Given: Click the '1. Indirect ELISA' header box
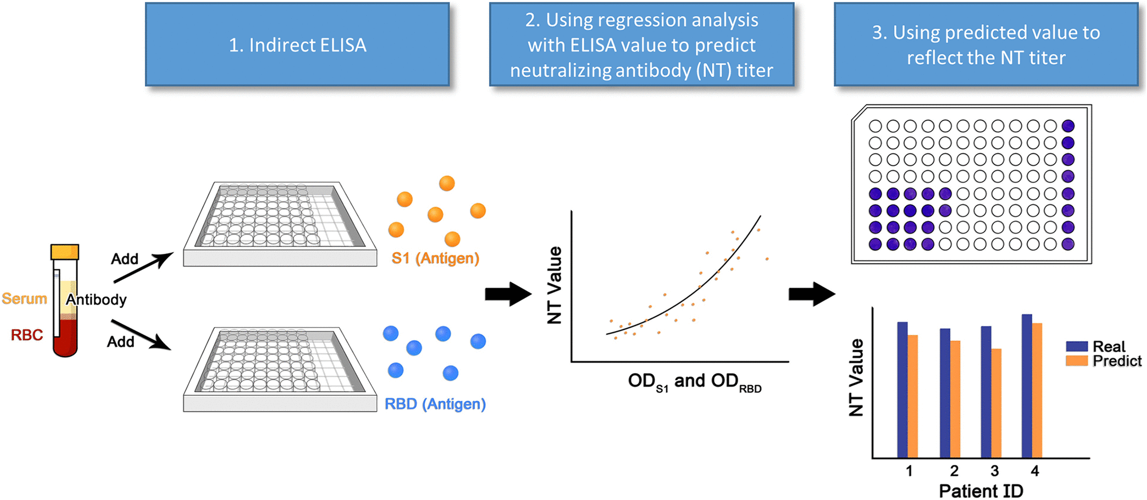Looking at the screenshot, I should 297,44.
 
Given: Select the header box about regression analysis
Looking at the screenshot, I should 641,44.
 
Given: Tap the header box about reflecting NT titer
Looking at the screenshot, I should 986,44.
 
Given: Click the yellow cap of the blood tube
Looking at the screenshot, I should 65,252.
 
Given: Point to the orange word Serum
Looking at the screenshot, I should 24,299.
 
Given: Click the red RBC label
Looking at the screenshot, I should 27,335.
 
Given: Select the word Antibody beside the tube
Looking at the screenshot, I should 97,300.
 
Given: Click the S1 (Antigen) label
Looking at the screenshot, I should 435,258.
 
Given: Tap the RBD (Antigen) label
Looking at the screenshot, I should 435,404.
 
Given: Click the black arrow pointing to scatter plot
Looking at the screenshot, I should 508,294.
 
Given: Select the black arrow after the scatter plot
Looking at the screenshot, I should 812,294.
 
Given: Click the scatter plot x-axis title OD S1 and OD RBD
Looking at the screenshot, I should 694,381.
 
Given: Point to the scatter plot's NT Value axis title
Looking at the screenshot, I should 555,285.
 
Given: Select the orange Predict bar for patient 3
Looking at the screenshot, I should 996,403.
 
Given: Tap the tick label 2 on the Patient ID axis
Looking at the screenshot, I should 954,471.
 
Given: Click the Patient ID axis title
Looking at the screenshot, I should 981,491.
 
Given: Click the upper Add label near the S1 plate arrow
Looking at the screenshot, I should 125,259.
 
